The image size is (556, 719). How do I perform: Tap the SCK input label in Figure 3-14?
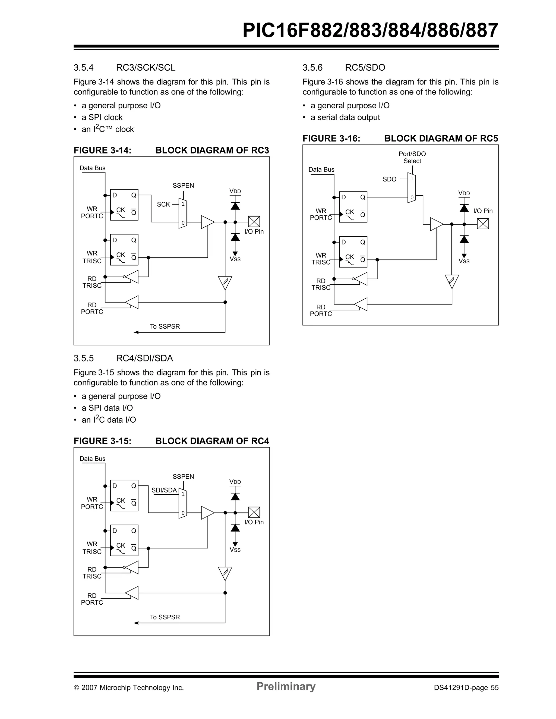click(x=163, y=205)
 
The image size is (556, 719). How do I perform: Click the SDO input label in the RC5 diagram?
click(x=390, y=180)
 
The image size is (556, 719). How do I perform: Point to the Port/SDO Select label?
click(x=412, y=157)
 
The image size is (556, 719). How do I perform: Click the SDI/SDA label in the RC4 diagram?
click(x=164, y=490)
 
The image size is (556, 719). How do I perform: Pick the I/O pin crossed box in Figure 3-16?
click(x=483, y=224)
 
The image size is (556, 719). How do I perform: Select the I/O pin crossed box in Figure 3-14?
click(x=254, y=222)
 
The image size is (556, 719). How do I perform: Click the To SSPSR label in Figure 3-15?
click(x=165, y=617)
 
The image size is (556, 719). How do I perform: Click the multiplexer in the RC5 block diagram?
click(x=412, y=188)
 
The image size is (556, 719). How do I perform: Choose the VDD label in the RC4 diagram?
click(x=235, y=482)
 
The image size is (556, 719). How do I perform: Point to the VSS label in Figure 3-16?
click(x=464, y=261)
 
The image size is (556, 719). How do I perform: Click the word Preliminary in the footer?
click(x=286, y=686)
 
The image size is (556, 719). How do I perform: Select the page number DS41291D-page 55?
click(x=466, y=688)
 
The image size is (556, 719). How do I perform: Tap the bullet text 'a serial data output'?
click(x=345, y=118)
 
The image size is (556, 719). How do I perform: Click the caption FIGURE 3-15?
click(x=102, y=441)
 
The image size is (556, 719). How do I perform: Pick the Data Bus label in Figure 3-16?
click(x=321, y=169)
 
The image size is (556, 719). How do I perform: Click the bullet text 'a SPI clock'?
click(x=102, y=118)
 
